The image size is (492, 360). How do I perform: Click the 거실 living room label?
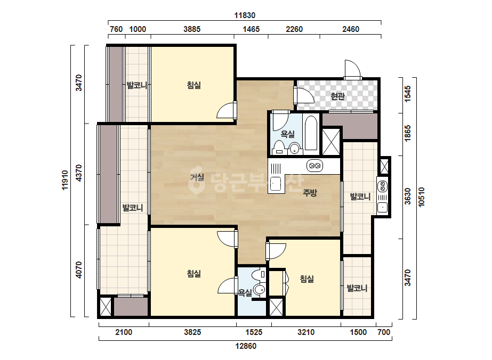click(x=197, y=177)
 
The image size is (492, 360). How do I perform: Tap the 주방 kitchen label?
click(x=310, y=193)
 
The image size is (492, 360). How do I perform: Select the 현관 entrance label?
click(x=337, y=96)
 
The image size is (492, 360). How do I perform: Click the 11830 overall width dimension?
click(x=245, y=15)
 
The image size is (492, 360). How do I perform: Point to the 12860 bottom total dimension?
click(x=246, y=346)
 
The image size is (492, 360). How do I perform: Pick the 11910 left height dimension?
click(x=65, y=180)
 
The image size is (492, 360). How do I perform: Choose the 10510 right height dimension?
click(x=422, y=197)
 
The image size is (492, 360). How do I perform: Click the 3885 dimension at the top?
click(x=192, y=29)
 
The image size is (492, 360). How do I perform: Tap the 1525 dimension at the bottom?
click(x=254, y=332)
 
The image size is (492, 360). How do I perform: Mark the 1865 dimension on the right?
click(x=407, y=133)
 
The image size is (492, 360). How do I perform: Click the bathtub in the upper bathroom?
click(x=311, y=133)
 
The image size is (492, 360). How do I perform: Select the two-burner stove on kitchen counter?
click(x=314, y=166)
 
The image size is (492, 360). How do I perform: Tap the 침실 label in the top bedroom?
click(x=193, y=85)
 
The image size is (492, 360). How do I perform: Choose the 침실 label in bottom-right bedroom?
click(x=307, y=279)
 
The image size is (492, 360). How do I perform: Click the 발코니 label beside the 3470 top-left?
click(x=137, y=85)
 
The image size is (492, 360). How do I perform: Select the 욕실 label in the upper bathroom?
click(x=287, y=134)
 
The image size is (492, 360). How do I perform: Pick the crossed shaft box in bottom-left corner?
click(x=106, y=306)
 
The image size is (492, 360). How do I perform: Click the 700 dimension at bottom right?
click(x=384, y=332)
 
